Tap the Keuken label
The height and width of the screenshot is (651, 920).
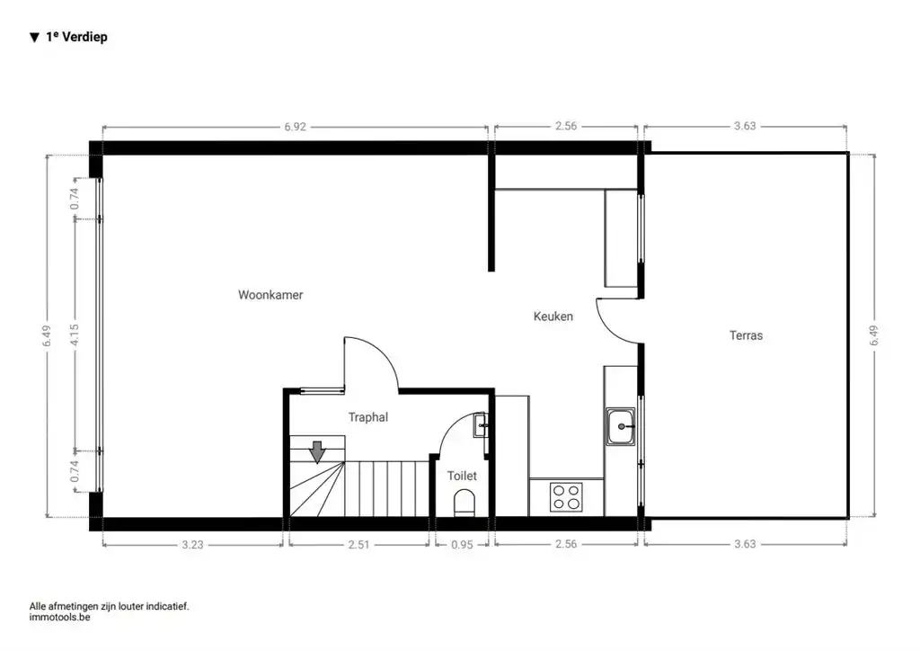553,317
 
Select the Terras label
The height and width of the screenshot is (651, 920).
746,335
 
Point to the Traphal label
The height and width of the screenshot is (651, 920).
368,417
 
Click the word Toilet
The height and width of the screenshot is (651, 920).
462,476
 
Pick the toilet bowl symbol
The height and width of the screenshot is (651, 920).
464,502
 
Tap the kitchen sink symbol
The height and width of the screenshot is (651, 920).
621,426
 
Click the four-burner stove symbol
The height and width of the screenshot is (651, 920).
566,497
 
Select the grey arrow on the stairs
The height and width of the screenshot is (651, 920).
316,451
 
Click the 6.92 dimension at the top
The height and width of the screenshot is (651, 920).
295,127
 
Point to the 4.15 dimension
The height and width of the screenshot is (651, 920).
75,334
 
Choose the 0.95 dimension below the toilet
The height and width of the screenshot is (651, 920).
463,543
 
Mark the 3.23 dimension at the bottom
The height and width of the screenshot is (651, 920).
193,543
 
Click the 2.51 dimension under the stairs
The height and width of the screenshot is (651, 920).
358,543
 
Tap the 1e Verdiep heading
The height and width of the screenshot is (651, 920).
75,38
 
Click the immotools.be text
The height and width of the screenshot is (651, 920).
60,618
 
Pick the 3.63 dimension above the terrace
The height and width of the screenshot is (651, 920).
745,127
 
